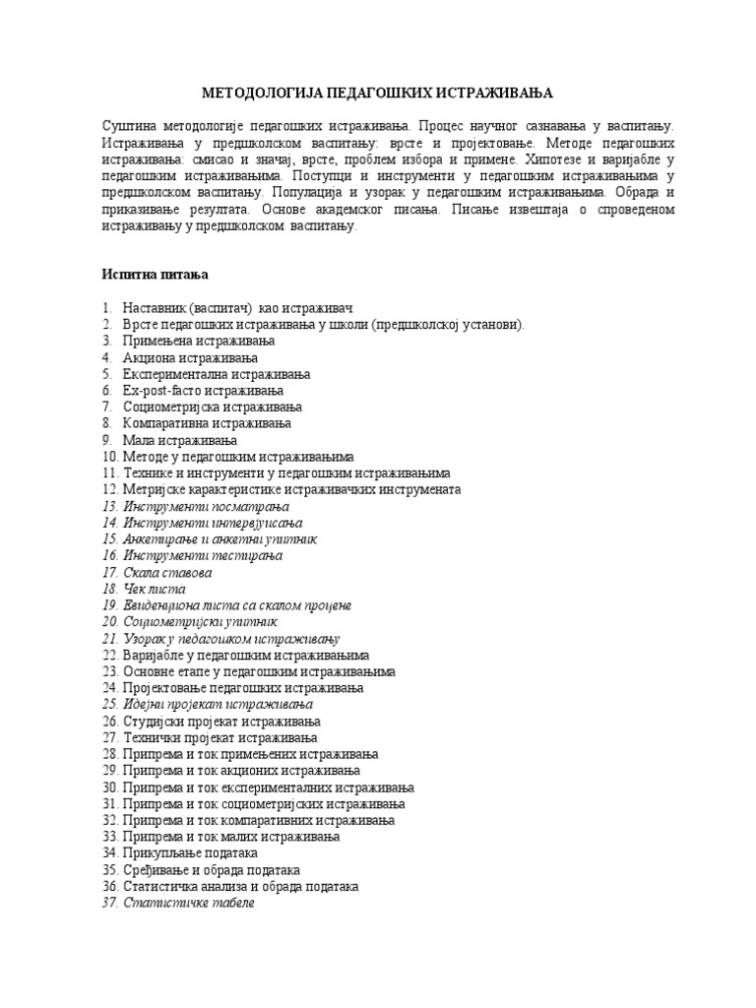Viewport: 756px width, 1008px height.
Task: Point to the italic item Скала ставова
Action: (167, 572)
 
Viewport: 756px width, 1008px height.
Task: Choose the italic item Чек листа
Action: (155, 589)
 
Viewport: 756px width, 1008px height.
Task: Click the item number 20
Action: (109, 622)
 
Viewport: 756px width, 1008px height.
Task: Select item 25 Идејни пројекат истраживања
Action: (218, 705)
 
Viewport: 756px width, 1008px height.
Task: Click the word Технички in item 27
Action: (153, 737)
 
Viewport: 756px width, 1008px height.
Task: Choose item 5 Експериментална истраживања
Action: (217, 374)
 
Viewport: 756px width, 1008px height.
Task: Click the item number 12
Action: (109, 489)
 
